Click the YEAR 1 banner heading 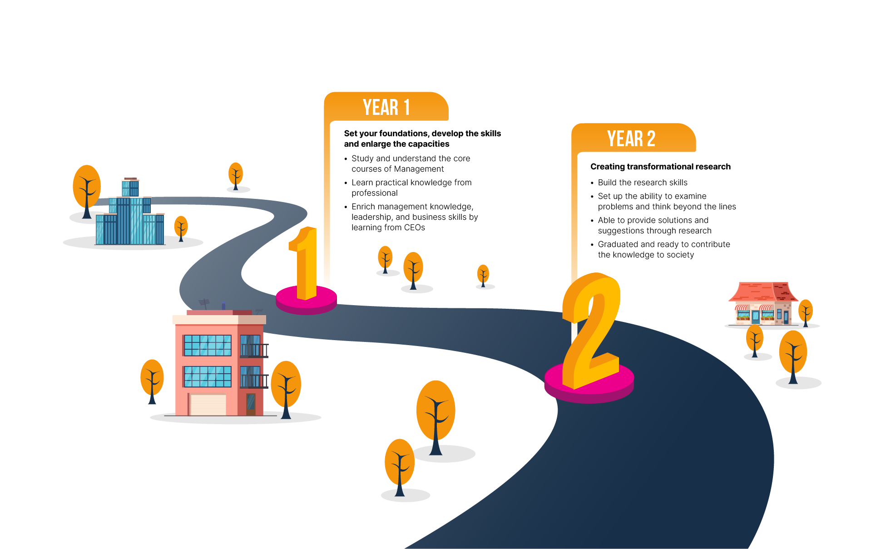click(x=386, y=108)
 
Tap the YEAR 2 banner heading click(x=631, y=138)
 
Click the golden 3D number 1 click(x=305, y=263)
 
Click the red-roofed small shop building click(x=763, y=303)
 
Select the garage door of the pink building click(x=208, y=405)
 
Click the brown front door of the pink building click(x=251, y=404)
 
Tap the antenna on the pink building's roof click(x=204, y=304)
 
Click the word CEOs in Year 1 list click(x=415, y=228)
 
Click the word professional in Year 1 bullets click(x=375, y=193)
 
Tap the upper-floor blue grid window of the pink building click(x=208, y=346)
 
